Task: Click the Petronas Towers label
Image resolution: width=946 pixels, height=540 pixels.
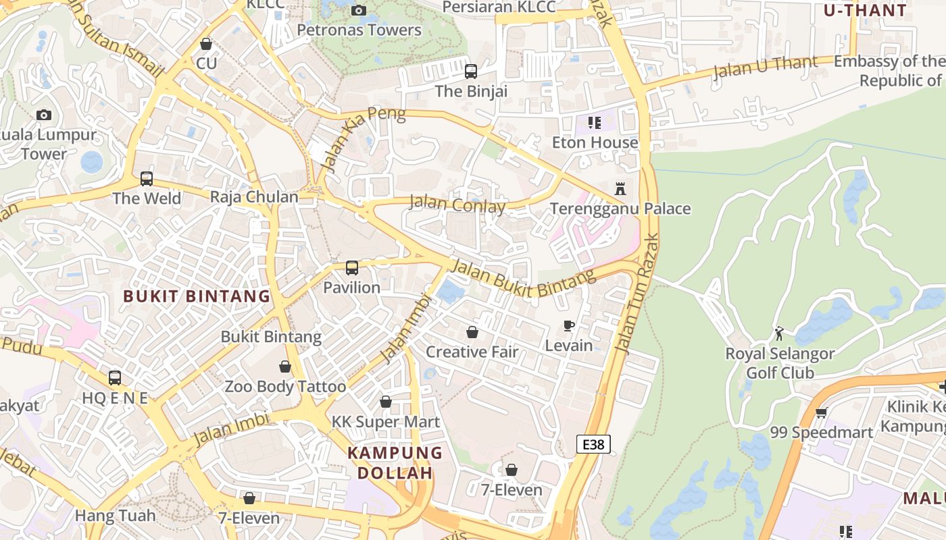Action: tap(359, 30)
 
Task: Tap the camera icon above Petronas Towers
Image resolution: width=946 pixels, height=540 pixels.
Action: tap(359, 10)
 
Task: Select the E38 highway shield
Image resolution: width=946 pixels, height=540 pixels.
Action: tap(593, 444)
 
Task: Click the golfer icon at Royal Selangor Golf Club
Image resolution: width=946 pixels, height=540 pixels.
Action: tap(779, 333)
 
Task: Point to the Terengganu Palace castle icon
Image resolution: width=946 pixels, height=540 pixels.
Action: tap(620, 189)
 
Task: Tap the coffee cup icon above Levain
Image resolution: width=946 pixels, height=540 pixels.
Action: tap(569, 326)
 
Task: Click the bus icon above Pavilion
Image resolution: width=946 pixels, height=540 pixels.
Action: tap(351, 268)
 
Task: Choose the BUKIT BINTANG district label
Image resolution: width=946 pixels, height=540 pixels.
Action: tap(197, 296)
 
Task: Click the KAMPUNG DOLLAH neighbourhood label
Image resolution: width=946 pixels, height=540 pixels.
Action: tap(395, 462)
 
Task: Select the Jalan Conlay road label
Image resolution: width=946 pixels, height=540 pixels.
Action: tap(457, 204)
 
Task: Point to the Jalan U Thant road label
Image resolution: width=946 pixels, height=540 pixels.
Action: tap(765, 67)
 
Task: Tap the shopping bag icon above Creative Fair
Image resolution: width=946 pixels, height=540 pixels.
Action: tap(472, 332)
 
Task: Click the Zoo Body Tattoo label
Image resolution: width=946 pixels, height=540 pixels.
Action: tap(285, 387)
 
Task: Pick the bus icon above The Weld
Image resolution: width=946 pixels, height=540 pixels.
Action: tap(147, 179)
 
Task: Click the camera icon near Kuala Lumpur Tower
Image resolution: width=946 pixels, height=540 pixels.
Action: tap(44, 115)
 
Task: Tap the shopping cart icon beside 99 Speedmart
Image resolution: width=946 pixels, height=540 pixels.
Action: tap(821, 412)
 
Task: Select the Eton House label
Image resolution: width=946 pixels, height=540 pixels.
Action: tap(595, 142)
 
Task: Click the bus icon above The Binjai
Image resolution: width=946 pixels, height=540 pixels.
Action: tap(471, 71)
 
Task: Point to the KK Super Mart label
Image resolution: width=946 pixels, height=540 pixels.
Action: tap(385, 422)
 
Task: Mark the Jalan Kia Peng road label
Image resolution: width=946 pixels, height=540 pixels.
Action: tap(363, 139)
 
